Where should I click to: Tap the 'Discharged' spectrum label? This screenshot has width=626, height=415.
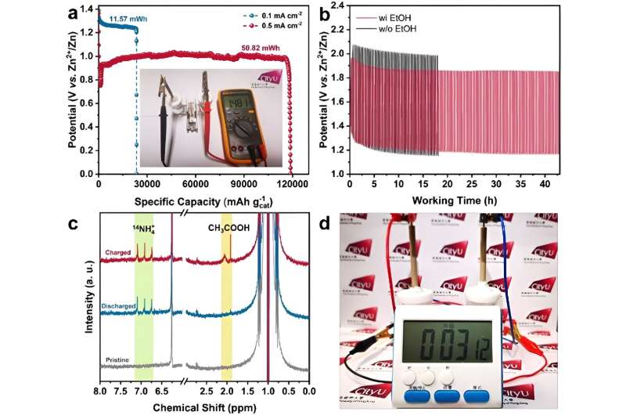[111, 306]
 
